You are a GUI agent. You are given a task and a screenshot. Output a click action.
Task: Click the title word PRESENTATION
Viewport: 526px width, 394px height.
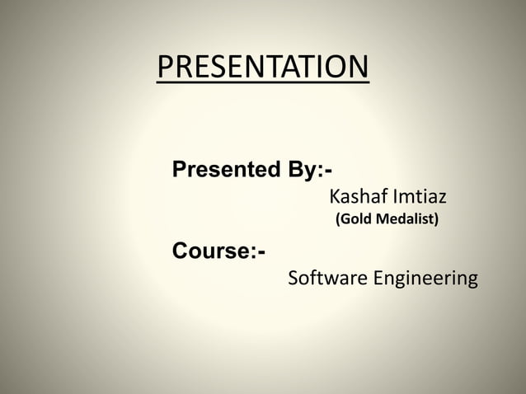[x=263, y=66]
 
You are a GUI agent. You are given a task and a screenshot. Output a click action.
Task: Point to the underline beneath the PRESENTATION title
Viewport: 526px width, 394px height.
[x=263, y=82]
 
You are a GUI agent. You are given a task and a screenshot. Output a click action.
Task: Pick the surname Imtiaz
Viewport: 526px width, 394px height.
[x=420, y=197]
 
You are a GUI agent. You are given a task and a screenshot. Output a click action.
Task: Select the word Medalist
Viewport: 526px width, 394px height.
[x=404, y=220]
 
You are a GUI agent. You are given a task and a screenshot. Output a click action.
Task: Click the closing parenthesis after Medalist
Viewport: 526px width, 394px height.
[x=437, y=220]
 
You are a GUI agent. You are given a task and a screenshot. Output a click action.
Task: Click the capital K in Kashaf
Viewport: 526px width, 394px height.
[x=335, y=197]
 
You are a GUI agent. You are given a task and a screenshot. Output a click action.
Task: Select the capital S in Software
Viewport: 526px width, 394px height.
[x=294, y=279]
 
